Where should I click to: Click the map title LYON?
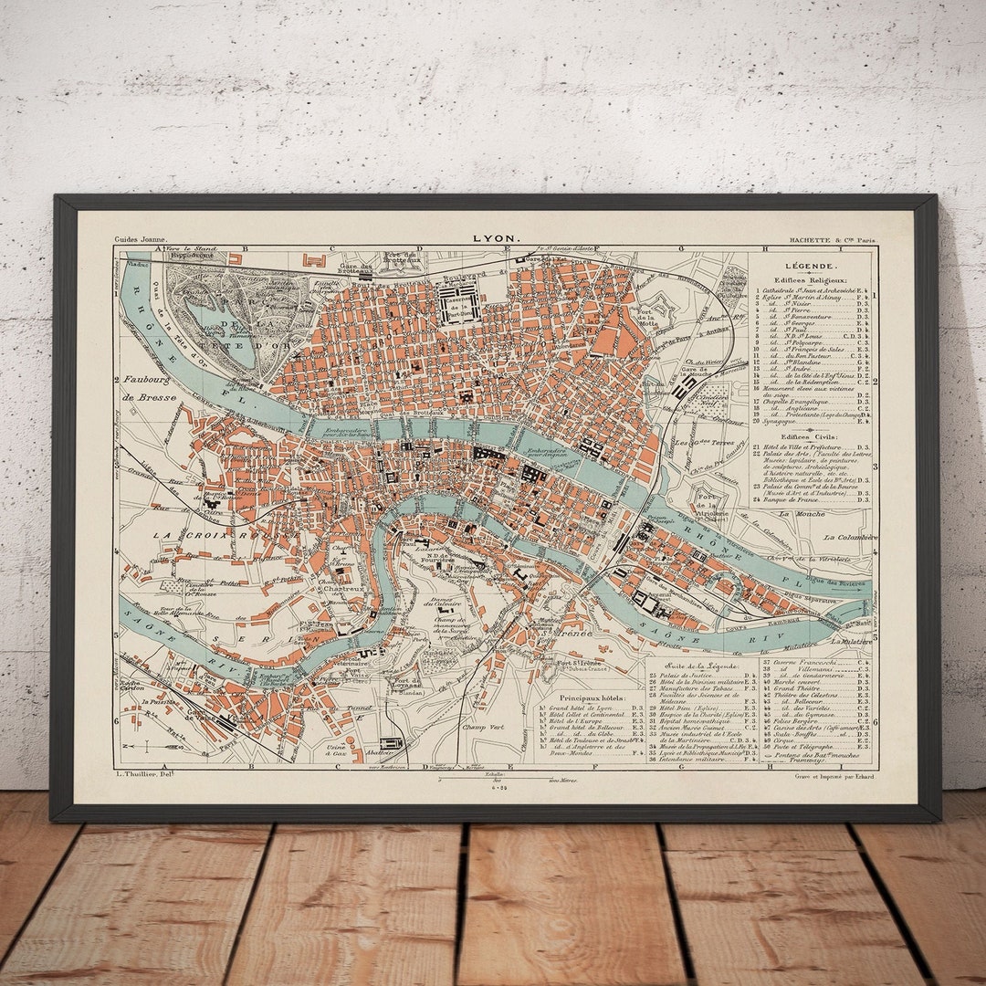tap(497, 239)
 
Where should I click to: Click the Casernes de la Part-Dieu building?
tap(459, 304)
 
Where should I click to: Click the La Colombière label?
tap(849, 538)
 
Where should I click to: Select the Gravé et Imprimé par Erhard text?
tap(834, 777)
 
